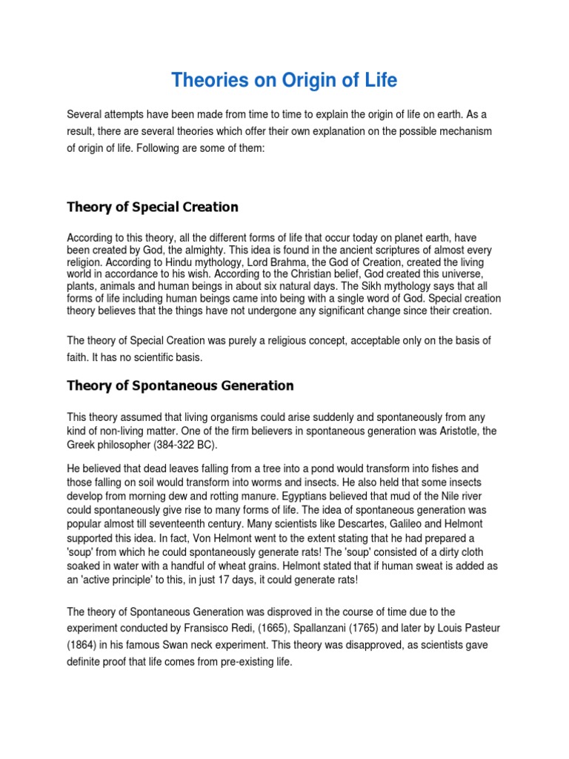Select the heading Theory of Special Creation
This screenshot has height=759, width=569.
click(x=153, y=207)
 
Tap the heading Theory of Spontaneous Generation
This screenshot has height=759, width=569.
click(x=180, y=385)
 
